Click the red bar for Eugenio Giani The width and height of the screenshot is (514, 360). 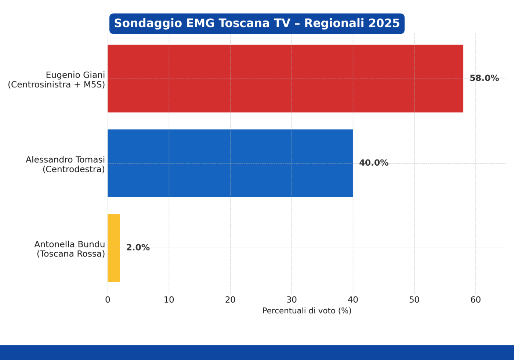[286, 79]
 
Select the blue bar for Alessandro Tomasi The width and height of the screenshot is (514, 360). [230, 163]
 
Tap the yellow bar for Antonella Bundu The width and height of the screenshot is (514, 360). [114, 248]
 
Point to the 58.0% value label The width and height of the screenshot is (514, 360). [484, 78]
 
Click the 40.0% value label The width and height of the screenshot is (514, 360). [374, 163]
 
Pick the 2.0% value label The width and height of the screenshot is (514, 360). [138, 248]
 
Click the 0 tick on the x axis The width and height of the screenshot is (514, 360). [108, 300]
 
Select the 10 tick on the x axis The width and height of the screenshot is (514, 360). [169, 300]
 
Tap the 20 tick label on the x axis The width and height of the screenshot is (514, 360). [230, 300]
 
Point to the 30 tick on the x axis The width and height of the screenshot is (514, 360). [292, 300]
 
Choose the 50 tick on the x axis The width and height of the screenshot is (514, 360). [414, 300]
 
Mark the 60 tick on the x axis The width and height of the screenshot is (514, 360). [475, 300]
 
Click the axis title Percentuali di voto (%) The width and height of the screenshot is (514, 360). [307, 311]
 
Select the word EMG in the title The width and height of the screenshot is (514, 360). [200, 23]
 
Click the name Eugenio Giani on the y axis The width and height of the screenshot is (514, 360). [75, 75]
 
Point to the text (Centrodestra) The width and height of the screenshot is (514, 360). [74, 169]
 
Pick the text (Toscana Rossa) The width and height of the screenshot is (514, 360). [70, 254]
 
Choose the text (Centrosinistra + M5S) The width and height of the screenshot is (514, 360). [57, 85]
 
